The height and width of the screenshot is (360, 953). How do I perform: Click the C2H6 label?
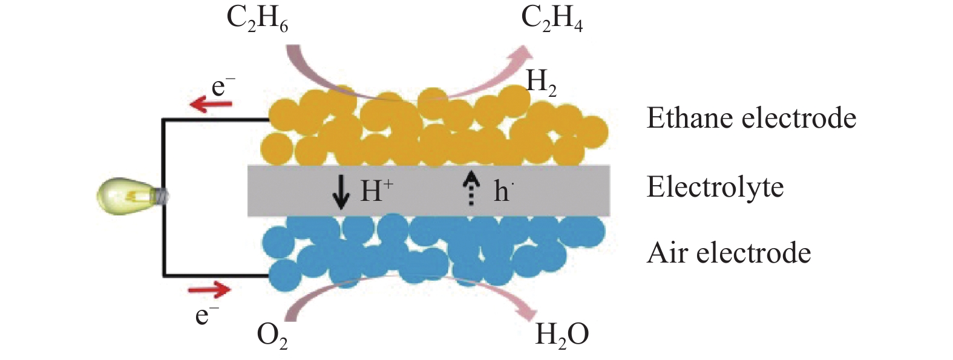point(257,19)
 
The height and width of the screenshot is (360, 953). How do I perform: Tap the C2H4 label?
point(552,19)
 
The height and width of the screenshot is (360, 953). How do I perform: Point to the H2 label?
point(541,82)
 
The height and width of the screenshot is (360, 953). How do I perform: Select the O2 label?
point(272,335)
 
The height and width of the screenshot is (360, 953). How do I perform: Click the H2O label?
point(562,335)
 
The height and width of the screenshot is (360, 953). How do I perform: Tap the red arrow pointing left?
point(211,105)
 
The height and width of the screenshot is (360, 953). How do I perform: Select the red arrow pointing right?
point(209,290)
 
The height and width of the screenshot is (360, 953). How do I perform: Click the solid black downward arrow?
point(341,191)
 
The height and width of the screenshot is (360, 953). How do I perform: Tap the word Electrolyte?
point(715,187)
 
